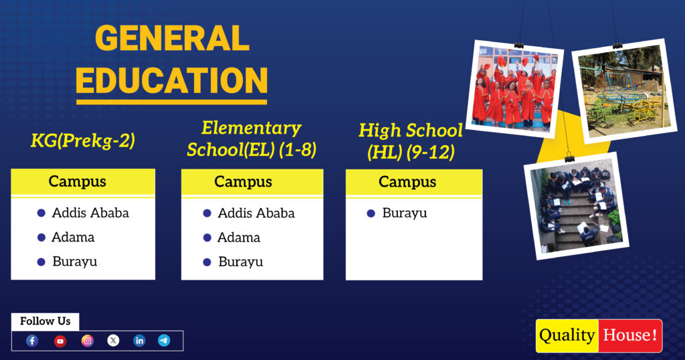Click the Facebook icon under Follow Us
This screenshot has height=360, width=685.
tap(32, 341)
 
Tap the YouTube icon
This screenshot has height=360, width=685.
tap(60, 341)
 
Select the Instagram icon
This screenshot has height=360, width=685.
tap(88, 341)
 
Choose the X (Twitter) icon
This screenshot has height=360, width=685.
tap(114, 341)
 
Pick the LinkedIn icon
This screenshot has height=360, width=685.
tap(139, 341)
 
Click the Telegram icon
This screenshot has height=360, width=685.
tap(164, 341)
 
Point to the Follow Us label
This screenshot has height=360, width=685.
tap(45, 321)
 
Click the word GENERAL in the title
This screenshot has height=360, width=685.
tap(172, 39)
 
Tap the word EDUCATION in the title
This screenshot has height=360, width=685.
tap(172, 80)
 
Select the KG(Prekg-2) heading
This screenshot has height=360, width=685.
tap(83, 141)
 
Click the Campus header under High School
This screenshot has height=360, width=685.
tap(407, 182)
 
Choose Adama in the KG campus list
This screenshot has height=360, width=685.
tap(74, 238)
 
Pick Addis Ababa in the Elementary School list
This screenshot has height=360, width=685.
tap(256, 213)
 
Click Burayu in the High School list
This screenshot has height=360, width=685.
tap(405, 213)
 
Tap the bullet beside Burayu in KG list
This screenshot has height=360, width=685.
tap(41, 262)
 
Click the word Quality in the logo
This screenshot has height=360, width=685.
tap(567, 335)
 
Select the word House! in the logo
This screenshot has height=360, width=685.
tap(629, 335)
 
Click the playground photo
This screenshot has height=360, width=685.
tap(623, 92)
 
